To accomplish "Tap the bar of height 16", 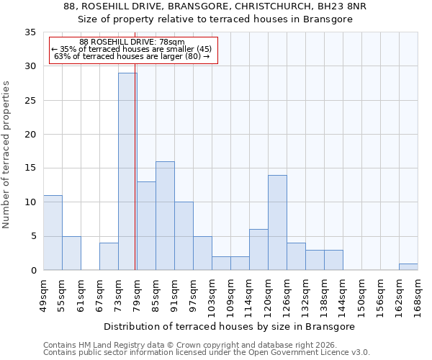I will coord(165,215).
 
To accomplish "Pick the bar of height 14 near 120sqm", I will coord(277,222).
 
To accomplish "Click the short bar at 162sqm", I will coord(408,266).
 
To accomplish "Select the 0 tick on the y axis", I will coord(32,270).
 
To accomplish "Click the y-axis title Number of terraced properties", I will coord(7,154).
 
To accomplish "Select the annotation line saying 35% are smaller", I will coord(131,49).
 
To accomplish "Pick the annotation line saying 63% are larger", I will coord(131,56).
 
